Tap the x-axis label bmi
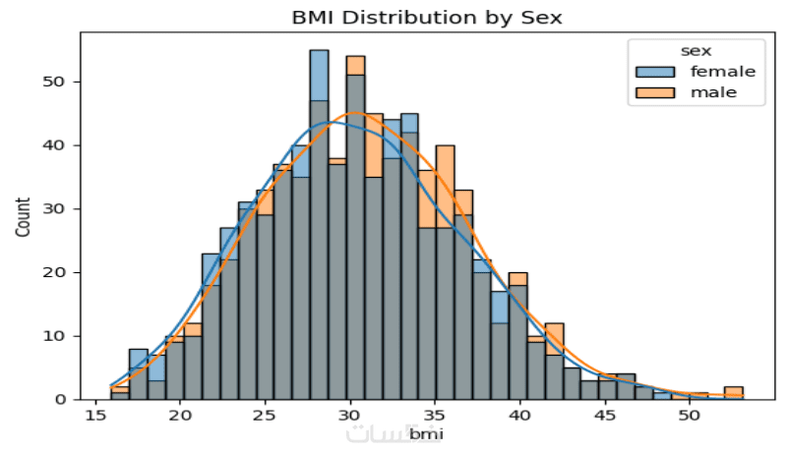[x=426, y=432]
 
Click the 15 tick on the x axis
[x=94, y=416]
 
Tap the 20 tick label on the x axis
[x=180, y=416]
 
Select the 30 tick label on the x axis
[x=350, y=416]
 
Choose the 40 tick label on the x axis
[x=520, y=416]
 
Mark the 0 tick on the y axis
[x=60, y=400]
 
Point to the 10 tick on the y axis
[x=56, y=336]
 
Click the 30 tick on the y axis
[x=56, y=209]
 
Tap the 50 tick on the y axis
[x=56, y=82]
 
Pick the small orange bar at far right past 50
[x=733, y=390]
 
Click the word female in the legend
[x=722, y=72]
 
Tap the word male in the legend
[x=713, y=93]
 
